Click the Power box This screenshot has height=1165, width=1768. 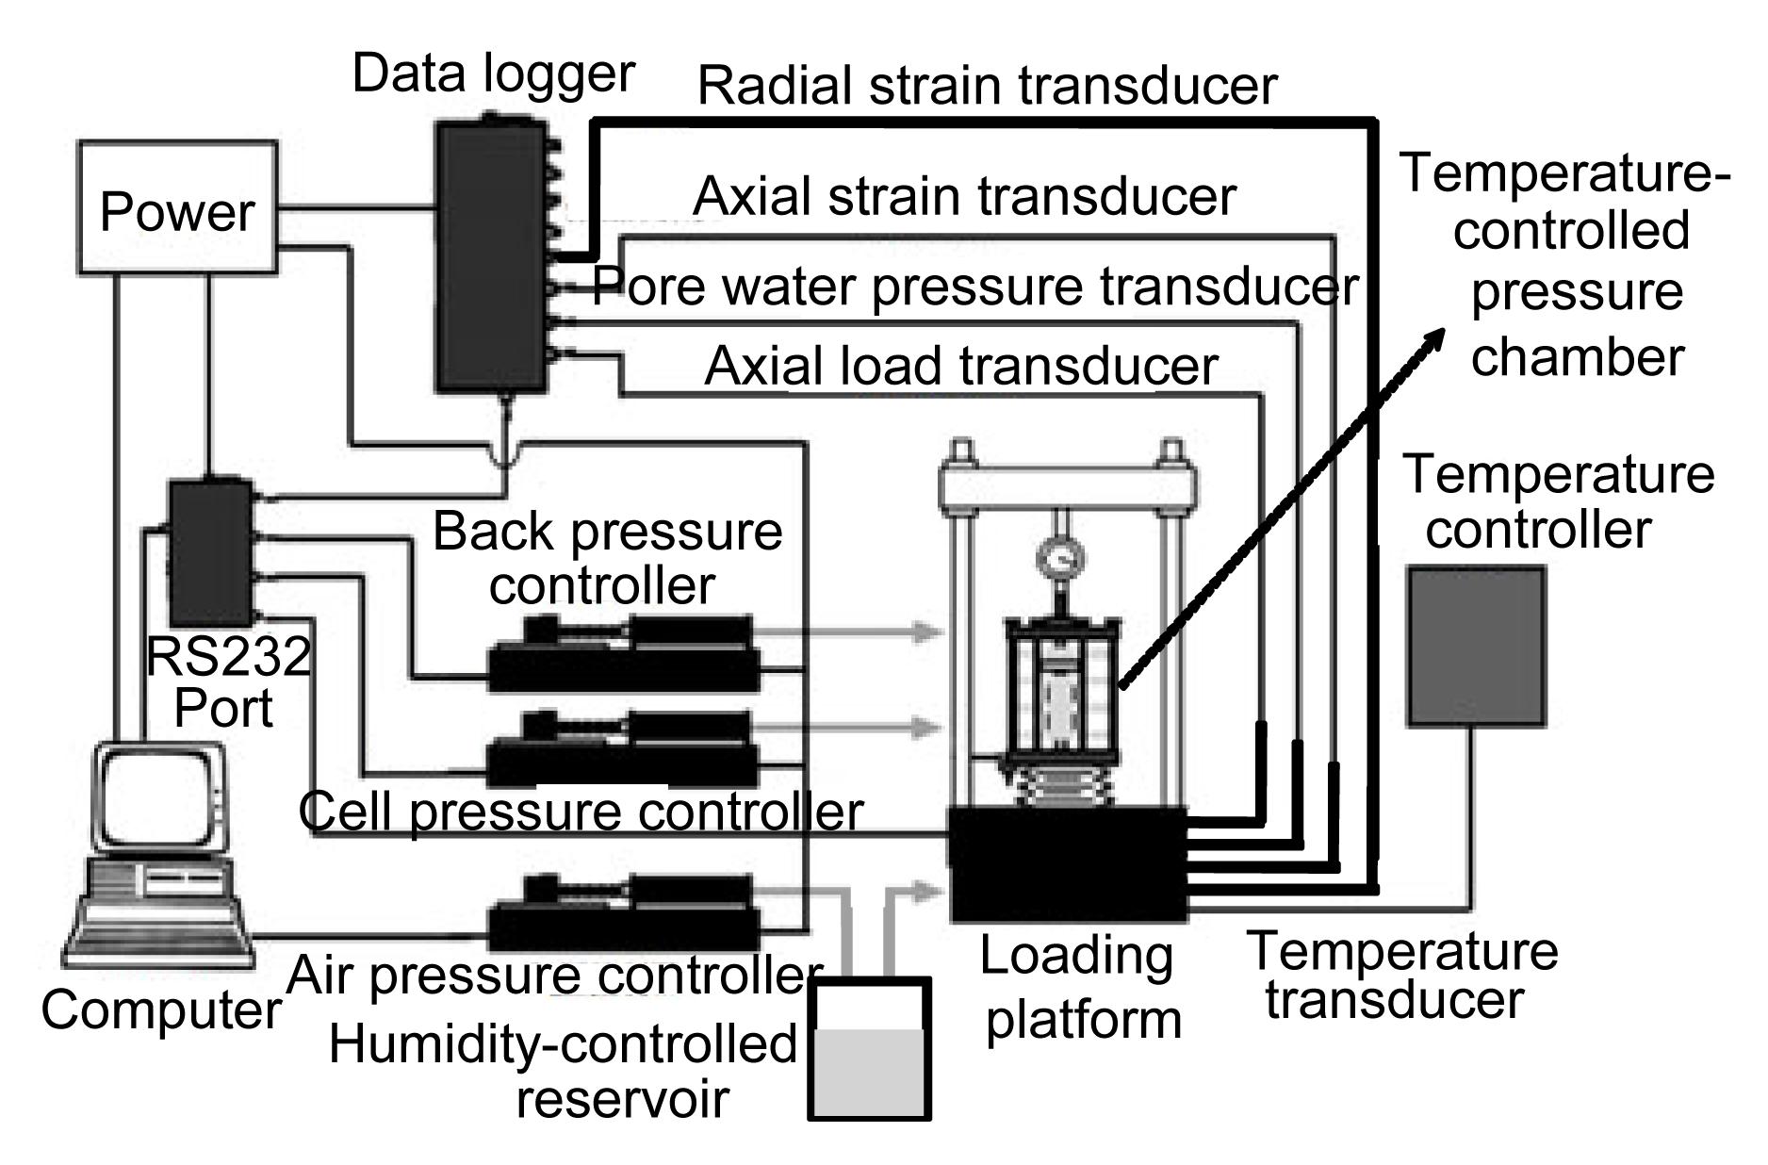(177, 207)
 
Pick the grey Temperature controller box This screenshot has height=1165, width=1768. (1477, 647)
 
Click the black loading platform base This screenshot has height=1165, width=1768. (1068, 863)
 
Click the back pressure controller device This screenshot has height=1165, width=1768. (623, 654)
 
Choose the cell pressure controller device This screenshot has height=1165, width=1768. (623, 749)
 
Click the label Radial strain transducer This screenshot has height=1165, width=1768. (987, 86)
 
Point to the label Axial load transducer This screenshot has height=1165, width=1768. (961, 366)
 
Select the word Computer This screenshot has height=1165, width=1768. (161, 1010)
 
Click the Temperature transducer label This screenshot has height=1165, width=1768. (1401, 975)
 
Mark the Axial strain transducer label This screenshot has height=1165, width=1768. (964, 197)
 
